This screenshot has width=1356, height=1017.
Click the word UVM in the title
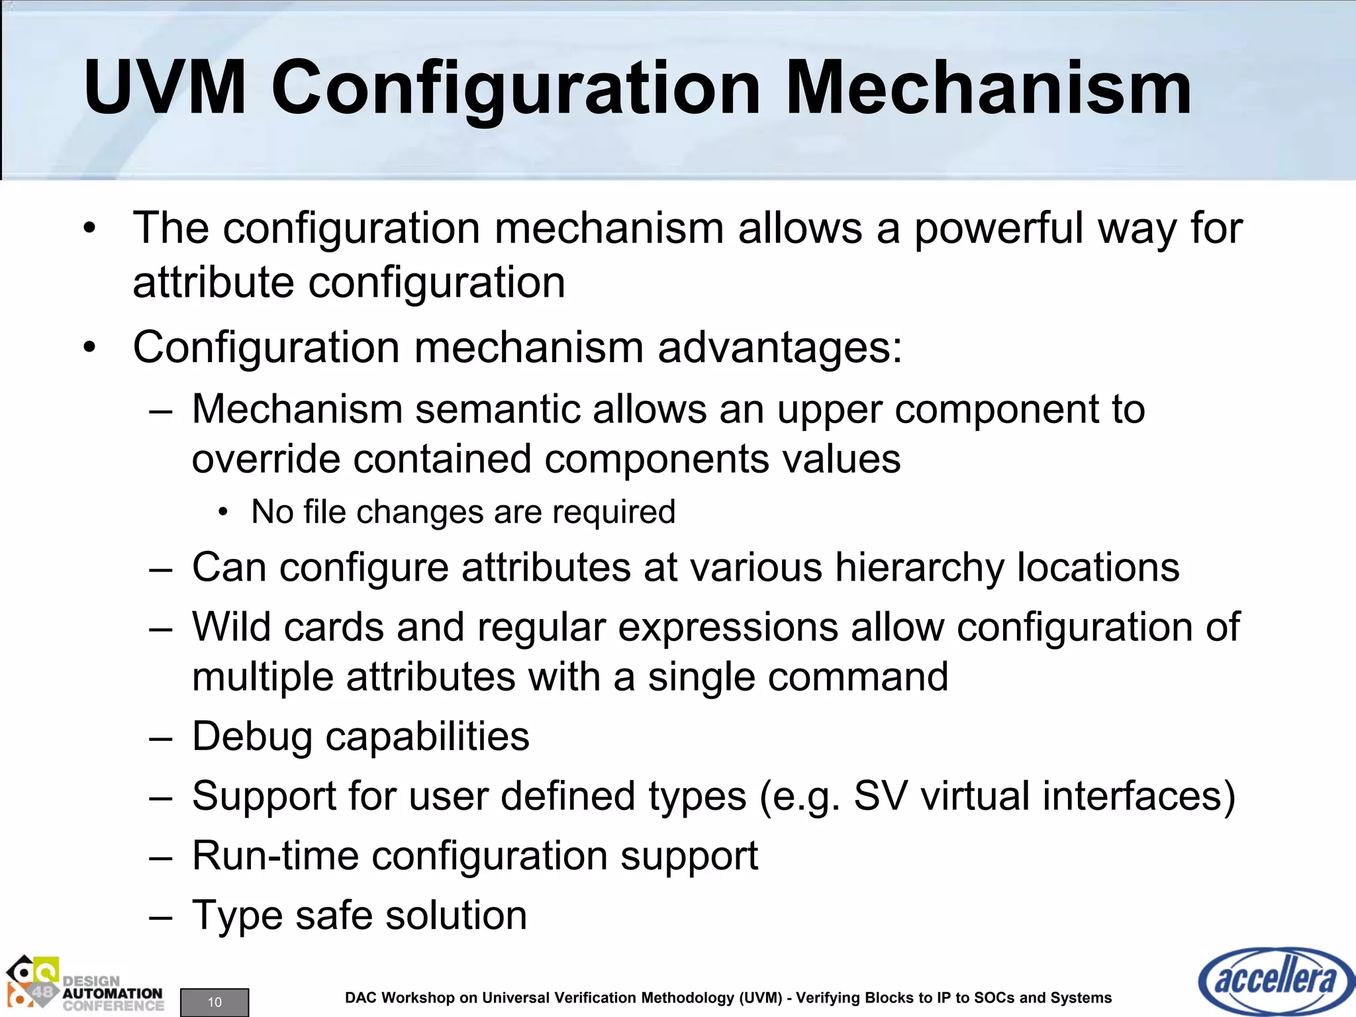click(x=166, y=88)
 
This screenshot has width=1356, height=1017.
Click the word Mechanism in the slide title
click(x=988, y=88)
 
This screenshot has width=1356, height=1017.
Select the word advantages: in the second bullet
click(x=779, y=347)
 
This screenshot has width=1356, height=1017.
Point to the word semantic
click(x=497, y=409)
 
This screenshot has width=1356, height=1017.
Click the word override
click(x=266, y=458)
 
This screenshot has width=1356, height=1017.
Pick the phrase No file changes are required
click(x=463, y=512)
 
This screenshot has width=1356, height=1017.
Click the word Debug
click(x=252, y=736)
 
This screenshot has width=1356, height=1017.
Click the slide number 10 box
click(x=215, y=1002)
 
